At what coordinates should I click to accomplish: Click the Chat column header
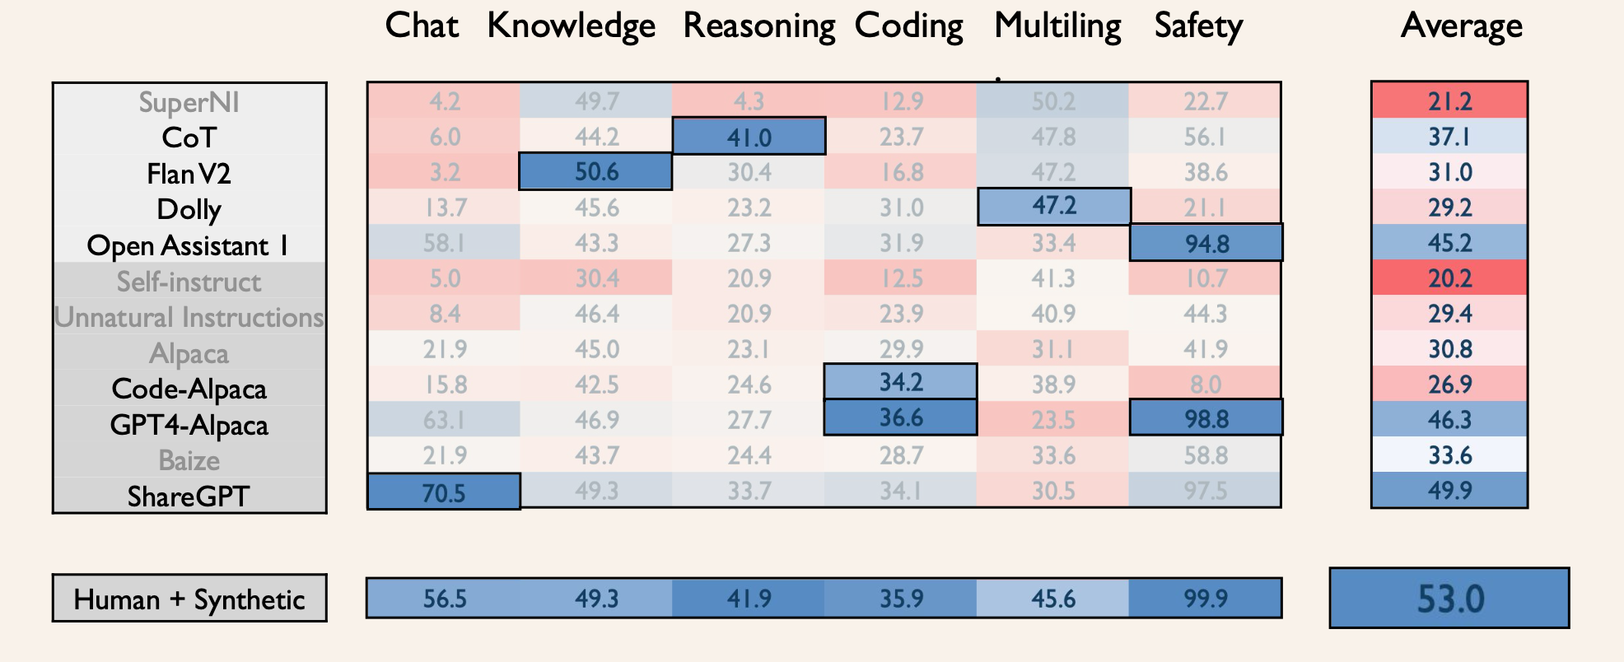tap(422, 26)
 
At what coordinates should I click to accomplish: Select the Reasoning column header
tap(758, 26)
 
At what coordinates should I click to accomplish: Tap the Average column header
tap(1461, 26)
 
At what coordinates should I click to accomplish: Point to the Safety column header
tap(1198, 26)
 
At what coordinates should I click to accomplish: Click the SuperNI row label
tap(189, 102)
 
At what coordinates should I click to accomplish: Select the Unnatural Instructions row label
tap(189, 317)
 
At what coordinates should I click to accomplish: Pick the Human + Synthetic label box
tap(189, 599)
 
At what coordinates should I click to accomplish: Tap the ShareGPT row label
tap(189, 496)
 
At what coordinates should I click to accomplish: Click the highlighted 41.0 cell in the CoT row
tap(749, 136)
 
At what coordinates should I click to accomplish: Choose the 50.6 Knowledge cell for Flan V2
tap(595, 171)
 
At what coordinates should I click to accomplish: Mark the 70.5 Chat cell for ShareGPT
tap(443, 492)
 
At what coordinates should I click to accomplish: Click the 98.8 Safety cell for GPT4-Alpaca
tap(1206, 418)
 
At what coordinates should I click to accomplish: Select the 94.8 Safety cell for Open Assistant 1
tap(1206, 243)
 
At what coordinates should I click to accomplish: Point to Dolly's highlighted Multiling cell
tap(1053, 206)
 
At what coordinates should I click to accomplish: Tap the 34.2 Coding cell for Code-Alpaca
tap(900, 382)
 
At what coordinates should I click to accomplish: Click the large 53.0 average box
tap(1449, 599)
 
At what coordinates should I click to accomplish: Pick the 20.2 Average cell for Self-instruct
tap(1449, 278)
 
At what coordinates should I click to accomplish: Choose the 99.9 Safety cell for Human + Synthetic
tap(1205, 599)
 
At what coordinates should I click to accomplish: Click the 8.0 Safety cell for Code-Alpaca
tap(1206, 385)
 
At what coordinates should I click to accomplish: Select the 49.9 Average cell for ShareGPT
tap(1449, 491)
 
